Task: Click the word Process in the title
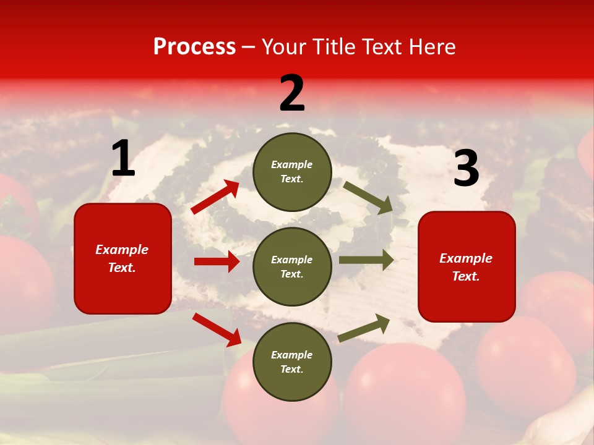(x=194, y=46)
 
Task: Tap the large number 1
(x=123, y=159)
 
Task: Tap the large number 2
(x=292, y=93)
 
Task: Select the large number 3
(x=466, y=168)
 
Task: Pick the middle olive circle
(x=292, y=266)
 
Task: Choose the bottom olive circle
(x=292, y=362)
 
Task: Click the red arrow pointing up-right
(x=215, y=197)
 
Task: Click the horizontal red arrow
(x=217, y=261)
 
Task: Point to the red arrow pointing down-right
(x=217, y=329)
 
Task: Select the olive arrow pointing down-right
(x=368, y=197)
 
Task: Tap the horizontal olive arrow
(x=366, y=260)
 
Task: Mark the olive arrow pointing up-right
(x=364, y=328)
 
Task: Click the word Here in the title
(x=431, y=46)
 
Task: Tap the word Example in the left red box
(x=122, y=250)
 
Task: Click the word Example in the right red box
(x=466, y=258)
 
